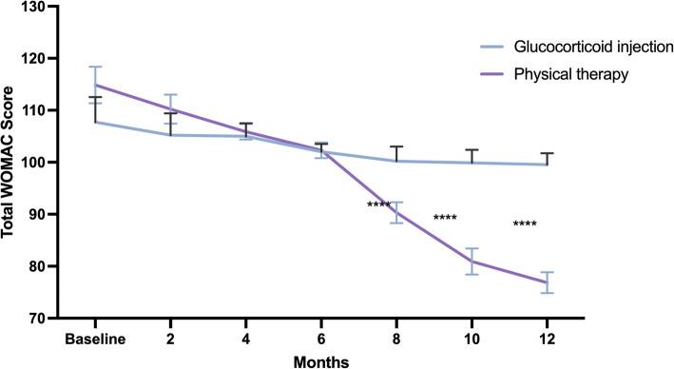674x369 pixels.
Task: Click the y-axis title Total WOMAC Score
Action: coord(12,162)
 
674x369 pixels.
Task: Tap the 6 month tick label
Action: coord(322,339)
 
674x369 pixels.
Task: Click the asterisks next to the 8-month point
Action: coord(378,205)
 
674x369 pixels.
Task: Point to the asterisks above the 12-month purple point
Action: coord(525,224)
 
